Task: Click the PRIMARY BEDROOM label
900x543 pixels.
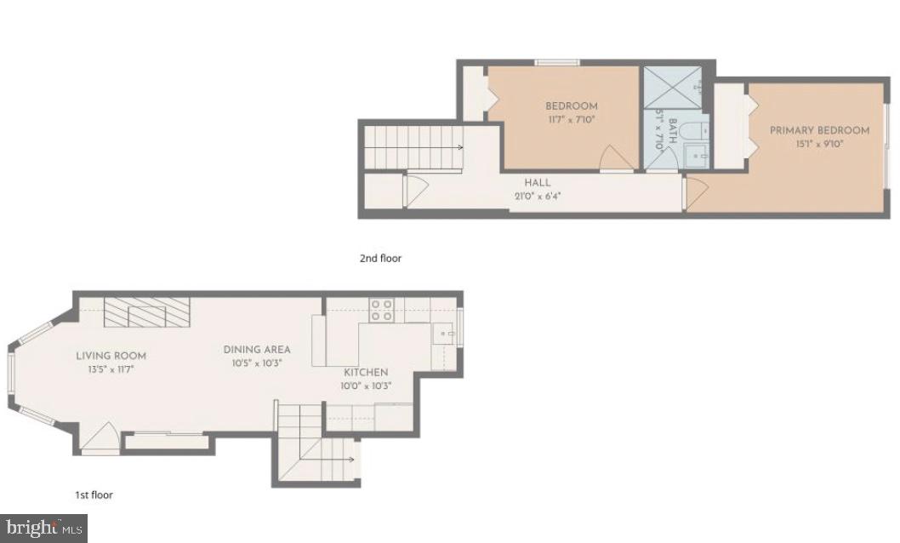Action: [x=819, y=130]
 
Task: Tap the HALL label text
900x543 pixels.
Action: [x=537, y=183]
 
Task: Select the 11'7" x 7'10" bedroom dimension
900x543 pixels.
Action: [x=571, y=120]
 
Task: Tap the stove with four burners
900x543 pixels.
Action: [x=380, y=310]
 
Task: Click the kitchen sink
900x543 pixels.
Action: [x=443, y=334]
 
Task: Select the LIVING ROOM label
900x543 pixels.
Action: [x=111, y=356]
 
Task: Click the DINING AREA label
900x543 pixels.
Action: [x=257, y=350]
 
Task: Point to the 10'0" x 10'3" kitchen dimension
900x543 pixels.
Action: [x=366, y=386]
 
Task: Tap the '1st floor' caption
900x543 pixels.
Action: [x=94, y=494]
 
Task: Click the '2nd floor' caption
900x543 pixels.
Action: [x=380, y=258]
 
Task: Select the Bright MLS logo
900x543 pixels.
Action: [x=43, y=529]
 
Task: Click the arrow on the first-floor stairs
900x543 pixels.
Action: [x=350, y=459]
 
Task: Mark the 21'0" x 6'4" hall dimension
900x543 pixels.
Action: [x=537, y=197]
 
